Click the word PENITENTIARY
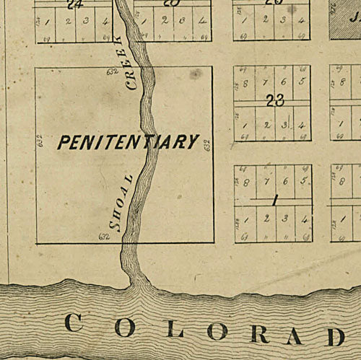coord(128,142)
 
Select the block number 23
coord(274,102)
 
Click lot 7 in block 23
coord(265,82)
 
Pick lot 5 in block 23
coord(302,82)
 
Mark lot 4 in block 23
coord(303,125)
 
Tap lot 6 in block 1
coord(285,180)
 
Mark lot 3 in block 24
coord(87,21)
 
